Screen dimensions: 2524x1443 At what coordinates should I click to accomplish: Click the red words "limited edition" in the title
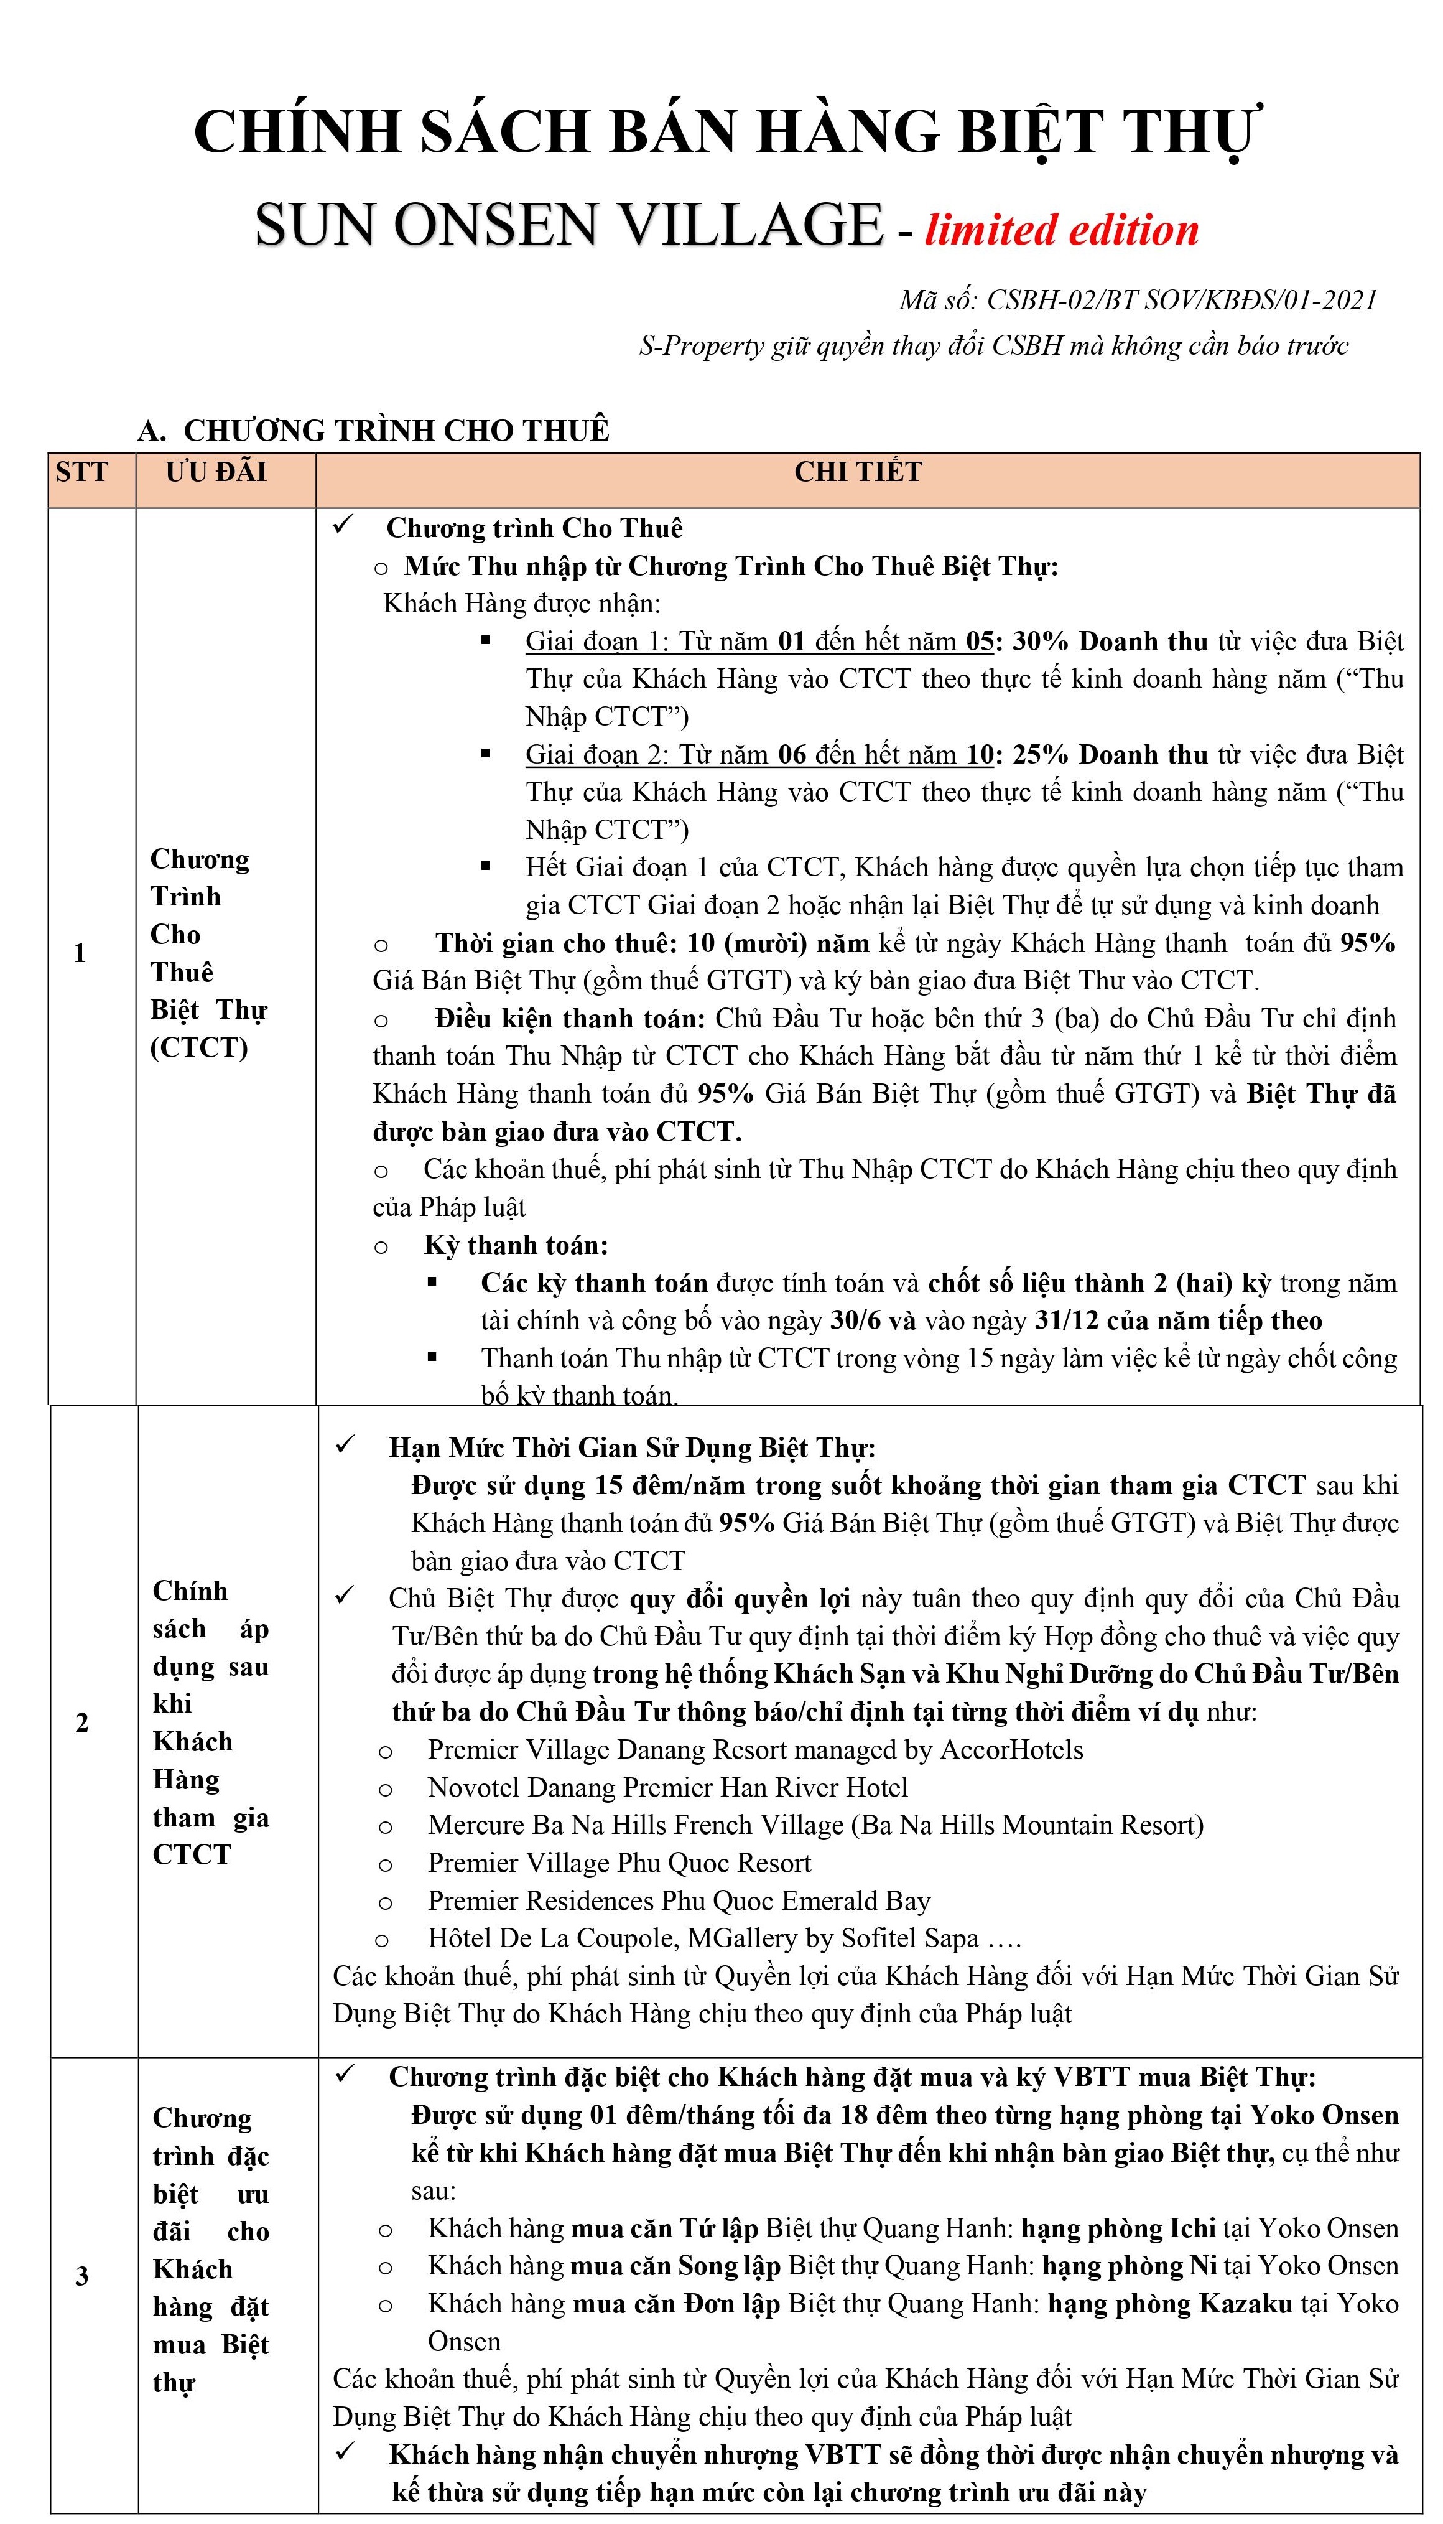pyautogui.click(x=1062, y=230)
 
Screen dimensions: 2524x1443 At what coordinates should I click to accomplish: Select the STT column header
pyautogui.click(x=82, y=472)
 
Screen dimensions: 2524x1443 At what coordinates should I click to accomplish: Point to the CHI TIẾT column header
pyautogui.click(x=858, y=472)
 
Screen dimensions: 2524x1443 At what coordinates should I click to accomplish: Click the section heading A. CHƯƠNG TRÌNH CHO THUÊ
pyautogui.click(x=374, y=430)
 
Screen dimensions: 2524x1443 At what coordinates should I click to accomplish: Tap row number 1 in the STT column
pyautogui.click(x=79, y=954)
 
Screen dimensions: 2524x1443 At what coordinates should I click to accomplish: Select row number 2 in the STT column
pyautogui.click(x=82, y=1722)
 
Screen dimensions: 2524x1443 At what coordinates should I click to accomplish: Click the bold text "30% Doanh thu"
pyautogui.click(x=1110, y=642)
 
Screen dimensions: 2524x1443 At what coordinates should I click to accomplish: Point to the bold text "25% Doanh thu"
pyautogui.click(x=1110, y=754)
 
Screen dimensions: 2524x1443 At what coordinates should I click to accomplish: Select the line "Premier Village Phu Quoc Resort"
pyautogui.click(x=619, y=1863)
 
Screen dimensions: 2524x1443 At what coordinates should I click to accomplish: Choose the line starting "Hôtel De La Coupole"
pyautogui.click(x=723, y=1938)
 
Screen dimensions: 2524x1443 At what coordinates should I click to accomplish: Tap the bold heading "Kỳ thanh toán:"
pyautogui.click(x=516, y=1245)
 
